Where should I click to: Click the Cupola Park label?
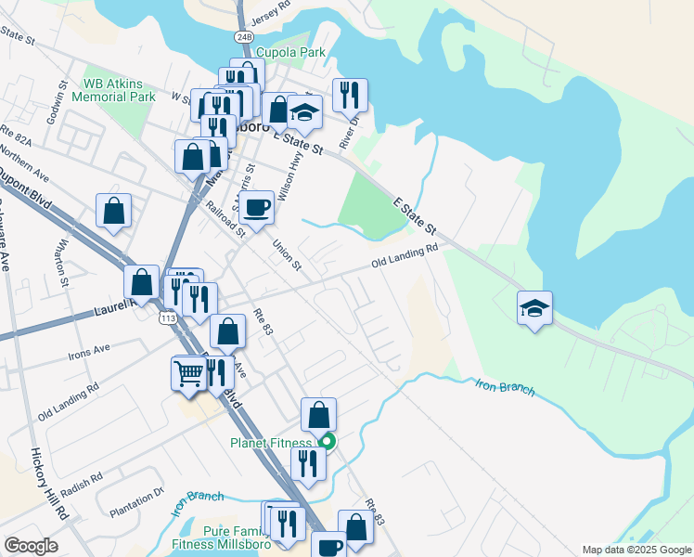tap(290, 53)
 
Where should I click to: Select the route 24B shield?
tap(244, 36)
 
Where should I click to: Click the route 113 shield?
tap(168, 318)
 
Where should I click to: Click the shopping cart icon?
tap(188, 373)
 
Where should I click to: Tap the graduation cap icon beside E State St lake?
tap(534, 307)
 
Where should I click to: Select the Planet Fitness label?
tap(274, 443)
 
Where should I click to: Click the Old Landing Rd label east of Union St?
tap(405, 257)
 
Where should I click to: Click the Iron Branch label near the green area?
tap(505, 387)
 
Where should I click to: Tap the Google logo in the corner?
tap(31, 546)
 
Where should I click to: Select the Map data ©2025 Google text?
tap(636, 550)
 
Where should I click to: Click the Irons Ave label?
tap(89, 351)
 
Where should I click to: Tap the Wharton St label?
tap(61, 261)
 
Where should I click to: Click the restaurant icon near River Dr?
tap(350, 95)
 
